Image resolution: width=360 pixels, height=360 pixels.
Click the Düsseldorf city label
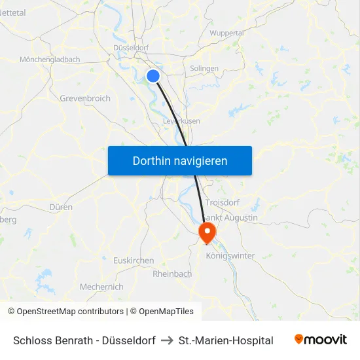click(x=131, y=48)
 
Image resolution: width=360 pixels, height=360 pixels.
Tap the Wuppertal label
click(x=227, y=33)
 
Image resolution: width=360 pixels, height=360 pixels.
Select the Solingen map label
click(x=204, y=69)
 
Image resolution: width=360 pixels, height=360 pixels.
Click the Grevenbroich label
click(x=85, y=98)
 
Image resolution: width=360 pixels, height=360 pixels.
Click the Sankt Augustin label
click(x=230, y=217)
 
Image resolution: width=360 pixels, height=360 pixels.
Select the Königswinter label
click(x=230, y=256)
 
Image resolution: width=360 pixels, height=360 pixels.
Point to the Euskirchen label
click(x=134, y=261)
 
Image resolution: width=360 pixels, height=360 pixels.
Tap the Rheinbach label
click(x=172, y=274)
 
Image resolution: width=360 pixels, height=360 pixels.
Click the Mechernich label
click(x=101, y=287)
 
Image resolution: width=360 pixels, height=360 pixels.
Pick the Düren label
click(x=61, y=207)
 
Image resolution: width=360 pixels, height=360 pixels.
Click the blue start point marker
click(x=153, y=76)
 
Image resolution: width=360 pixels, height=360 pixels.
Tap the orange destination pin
click(x=207, y=232)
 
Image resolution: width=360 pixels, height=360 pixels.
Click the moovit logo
click(x=321, y=340)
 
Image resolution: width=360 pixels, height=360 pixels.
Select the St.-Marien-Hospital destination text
click(x=226, y=340)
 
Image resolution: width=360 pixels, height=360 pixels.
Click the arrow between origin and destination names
click(x=167, y=340)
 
